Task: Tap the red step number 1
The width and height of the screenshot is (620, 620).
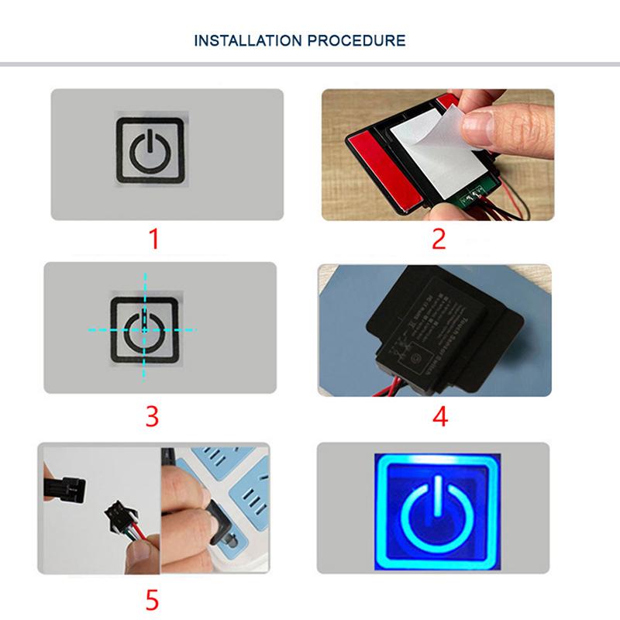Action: pyautogui.click(x=153, y=238)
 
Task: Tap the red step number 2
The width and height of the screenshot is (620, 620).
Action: pyautogui.click(x=439, y=238)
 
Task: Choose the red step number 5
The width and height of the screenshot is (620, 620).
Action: pyautogui.click(x=153, y=598)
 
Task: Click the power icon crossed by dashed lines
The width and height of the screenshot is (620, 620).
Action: pyautogui.click(x=144, y=330)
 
